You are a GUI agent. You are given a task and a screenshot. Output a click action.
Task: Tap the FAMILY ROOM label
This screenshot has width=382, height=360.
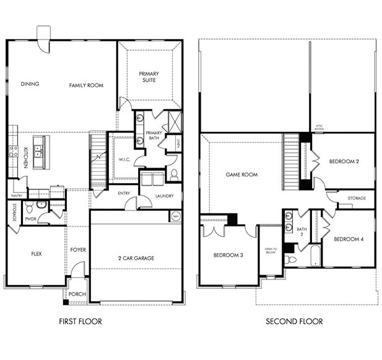point(86,85)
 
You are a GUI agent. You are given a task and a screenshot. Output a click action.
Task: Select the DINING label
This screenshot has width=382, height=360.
point(30,85)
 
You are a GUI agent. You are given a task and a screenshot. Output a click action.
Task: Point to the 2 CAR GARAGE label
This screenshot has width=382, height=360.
point(136,258)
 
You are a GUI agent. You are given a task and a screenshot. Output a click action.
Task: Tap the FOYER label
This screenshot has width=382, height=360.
point(78,250)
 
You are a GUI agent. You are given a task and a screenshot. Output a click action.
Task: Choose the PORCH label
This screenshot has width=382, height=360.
point(78,294)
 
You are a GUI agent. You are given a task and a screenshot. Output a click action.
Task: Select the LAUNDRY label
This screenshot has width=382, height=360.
point(164,196)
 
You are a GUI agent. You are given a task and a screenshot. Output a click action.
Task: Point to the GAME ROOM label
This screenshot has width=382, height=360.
point(241,174)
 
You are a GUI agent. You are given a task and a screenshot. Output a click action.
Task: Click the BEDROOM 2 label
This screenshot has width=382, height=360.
point(344,161)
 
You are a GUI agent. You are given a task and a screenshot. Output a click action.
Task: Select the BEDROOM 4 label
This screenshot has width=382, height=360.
point(349,239)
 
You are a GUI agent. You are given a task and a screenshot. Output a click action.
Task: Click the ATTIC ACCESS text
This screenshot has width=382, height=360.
point(319,127)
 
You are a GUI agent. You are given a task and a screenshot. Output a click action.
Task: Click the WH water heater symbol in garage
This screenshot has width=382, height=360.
point(176,216)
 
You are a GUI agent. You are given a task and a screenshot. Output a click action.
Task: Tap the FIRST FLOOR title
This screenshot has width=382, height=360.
point(80,322)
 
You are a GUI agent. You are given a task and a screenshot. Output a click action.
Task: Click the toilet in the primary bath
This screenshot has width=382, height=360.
point(175,173)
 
